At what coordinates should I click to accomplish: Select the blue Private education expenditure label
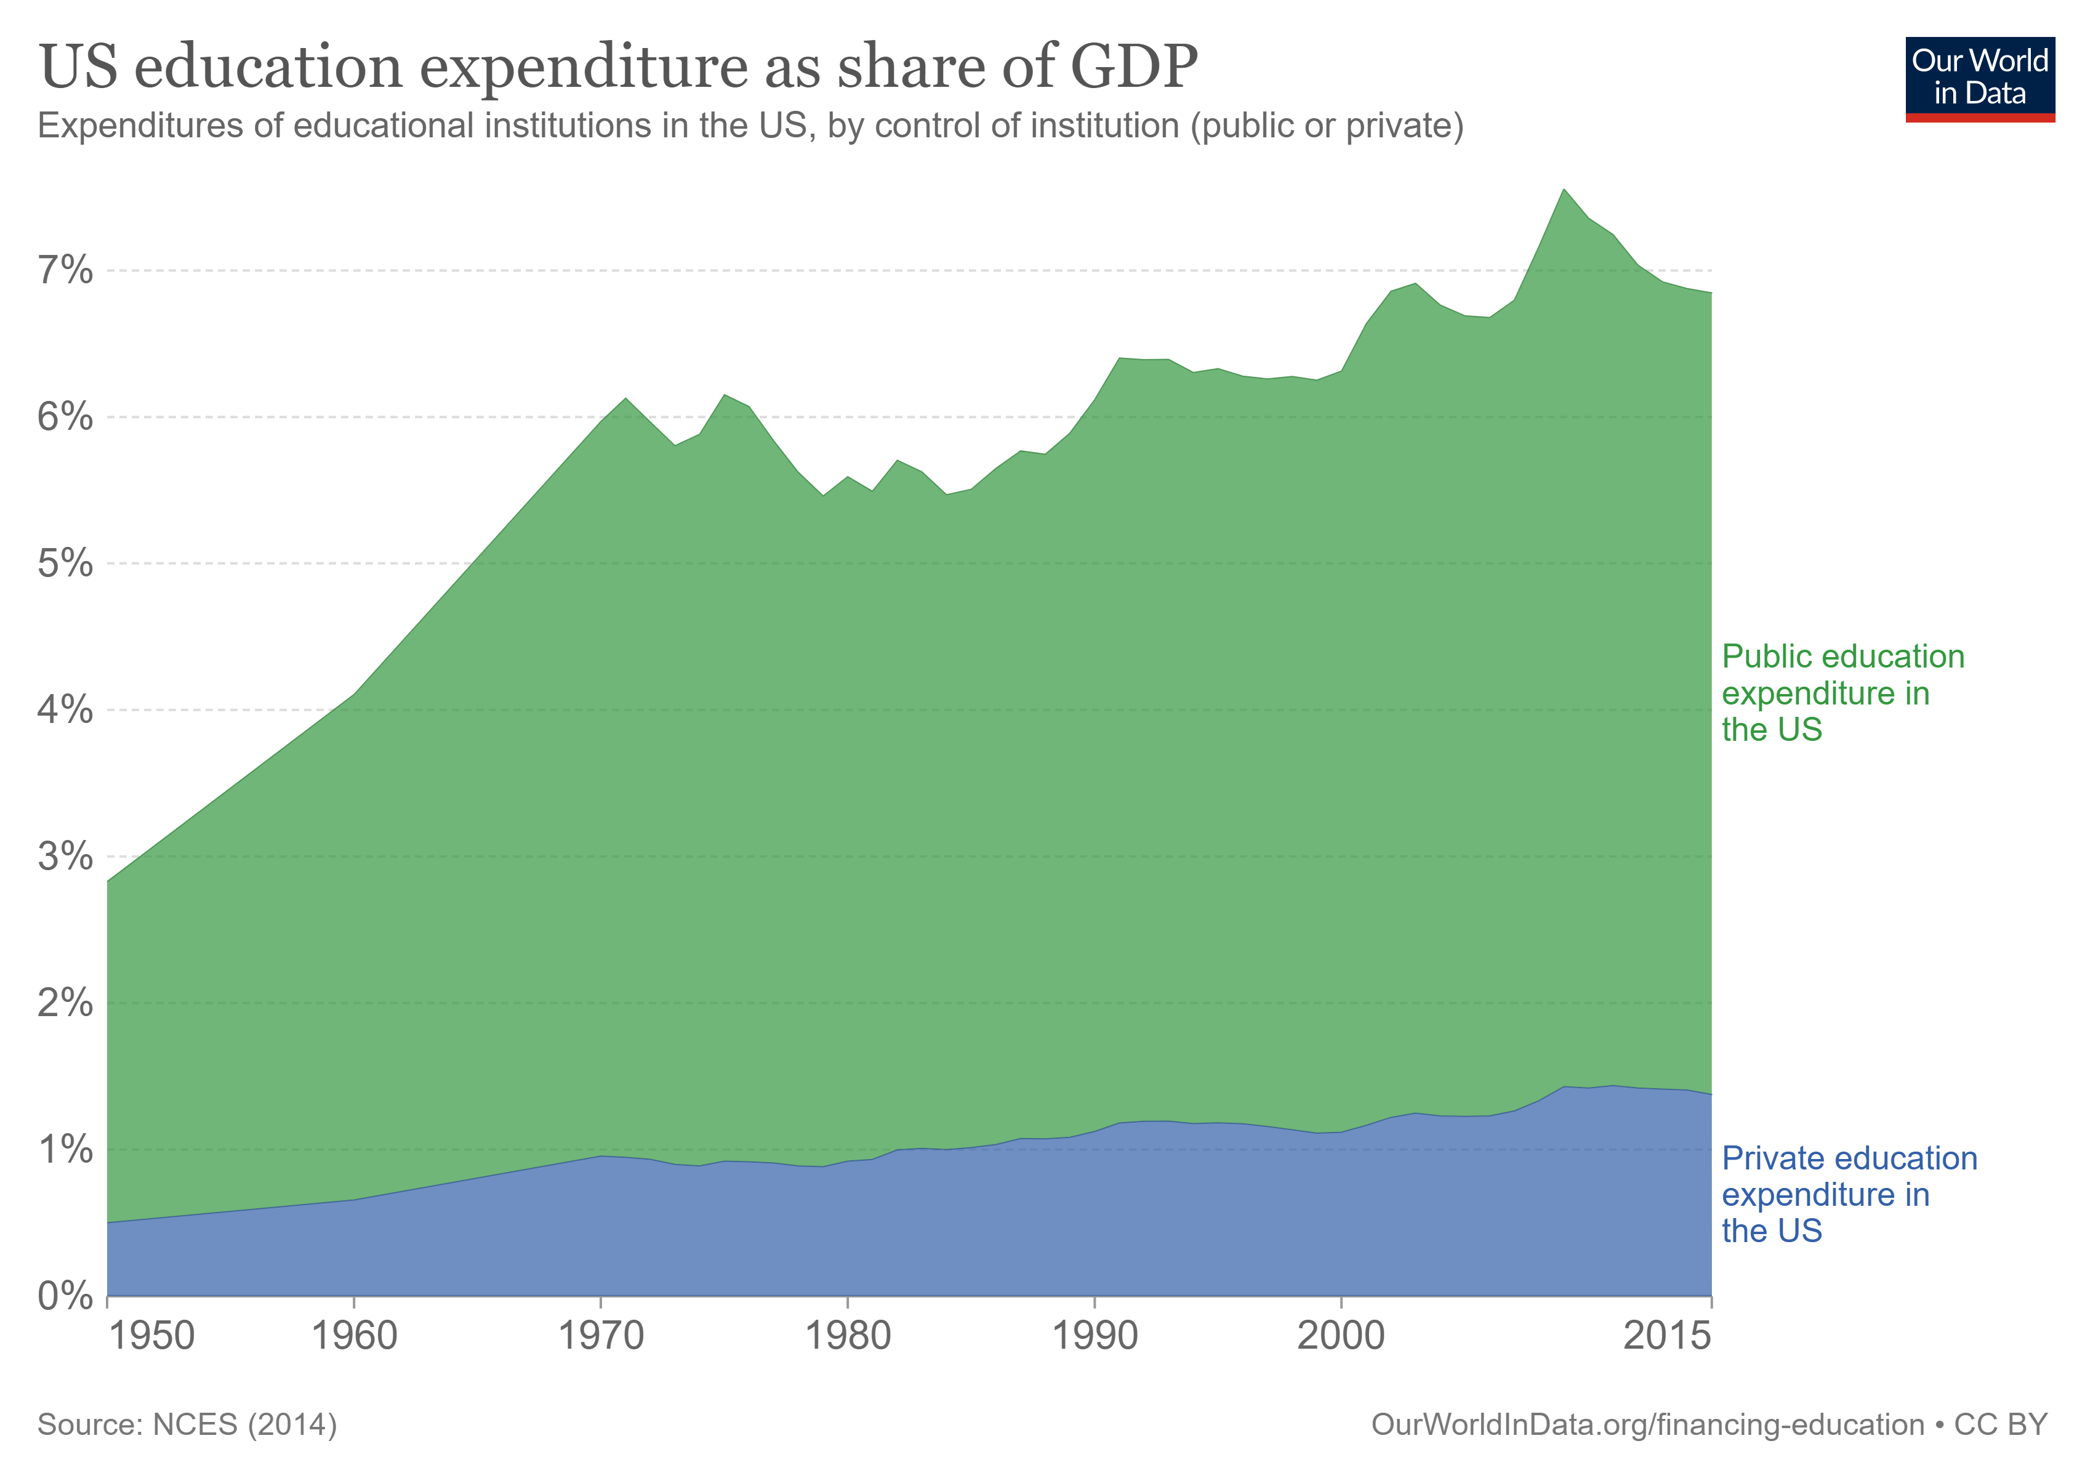1849,1195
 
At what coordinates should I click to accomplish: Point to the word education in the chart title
268,67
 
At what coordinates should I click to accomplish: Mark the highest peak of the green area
1564,190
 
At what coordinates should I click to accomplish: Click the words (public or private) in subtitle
1327,125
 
